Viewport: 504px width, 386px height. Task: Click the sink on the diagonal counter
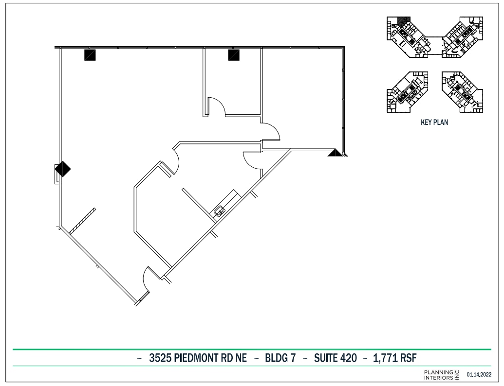pos(220,211)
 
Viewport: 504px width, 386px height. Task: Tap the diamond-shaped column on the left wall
pos(62,169)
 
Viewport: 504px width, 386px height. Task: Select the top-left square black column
pos(90,54)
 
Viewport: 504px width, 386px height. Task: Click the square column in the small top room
pos(234,55)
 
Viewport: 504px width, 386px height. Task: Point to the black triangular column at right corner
pos(335,153)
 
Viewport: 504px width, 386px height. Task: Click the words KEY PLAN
pos(434,123)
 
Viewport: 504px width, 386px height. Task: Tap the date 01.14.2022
pos(479,375)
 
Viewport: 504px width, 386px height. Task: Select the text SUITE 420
pos(335,358)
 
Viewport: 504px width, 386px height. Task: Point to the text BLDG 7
pos(280,358)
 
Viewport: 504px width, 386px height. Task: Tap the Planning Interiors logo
pos(441,375)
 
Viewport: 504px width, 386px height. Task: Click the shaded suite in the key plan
pos(403,21)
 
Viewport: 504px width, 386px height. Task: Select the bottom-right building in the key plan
pos(461,92)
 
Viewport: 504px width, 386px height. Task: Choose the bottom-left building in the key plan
pos(407,92)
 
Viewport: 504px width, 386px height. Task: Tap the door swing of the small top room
pos(216,106)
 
